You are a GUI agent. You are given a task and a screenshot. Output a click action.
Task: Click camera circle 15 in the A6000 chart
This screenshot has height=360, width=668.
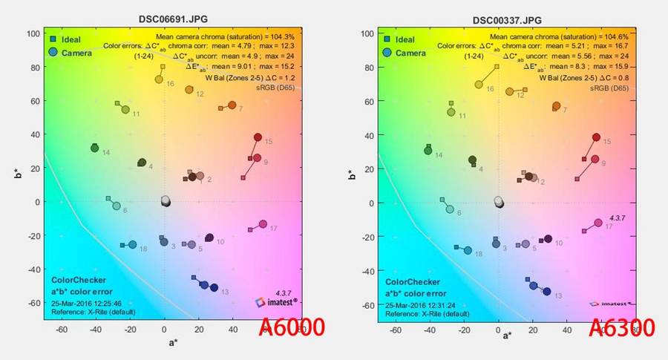[x=258, y=137]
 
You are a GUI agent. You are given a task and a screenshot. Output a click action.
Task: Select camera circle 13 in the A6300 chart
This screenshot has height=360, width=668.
[x=547, y=292]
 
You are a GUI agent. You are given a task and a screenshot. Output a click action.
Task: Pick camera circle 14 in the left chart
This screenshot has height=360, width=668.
[x=95, y=148]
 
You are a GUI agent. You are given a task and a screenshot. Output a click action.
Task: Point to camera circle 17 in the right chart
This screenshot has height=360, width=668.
[x=598, y=223]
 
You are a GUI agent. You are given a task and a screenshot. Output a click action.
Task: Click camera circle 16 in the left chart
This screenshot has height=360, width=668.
[x=159, y=79]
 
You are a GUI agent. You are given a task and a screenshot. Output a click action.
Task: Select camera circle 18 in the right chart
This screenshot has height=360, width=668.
[x=468, y=250]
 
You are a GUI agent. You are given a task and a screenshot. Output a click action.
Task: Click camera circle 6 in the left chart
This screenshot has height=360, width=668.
[x=117, y=206]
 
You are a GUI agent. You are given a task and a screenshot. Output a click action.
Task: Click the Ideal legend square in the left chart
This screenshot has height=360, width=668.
[x=54, y=39]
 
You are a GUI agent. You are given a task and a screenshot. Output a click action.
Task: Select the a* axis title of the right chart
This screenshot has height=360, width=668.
[x=507, y=336]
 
